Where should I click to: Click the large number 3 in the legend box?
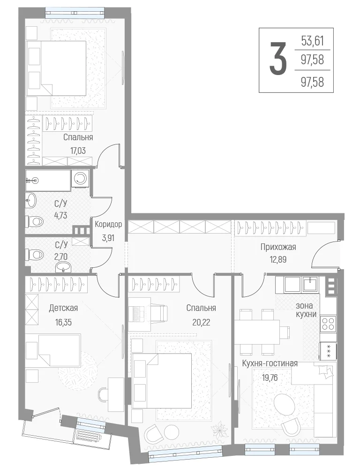coord(278,58)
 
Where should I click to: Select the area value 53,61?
coord(313,41)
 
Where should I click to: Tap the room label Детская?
coord(63,308)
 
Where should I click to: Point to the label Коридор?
coord(108,224)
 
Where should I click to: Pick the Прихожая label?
coord(278,247)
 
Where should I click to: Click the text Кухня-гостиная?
coord(270,363)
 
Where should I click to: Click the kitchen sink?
coord(311,284)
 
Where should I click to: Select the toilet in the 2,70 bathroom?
coord(35,255)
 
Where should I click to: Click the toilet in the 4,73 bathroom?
coord(35,222)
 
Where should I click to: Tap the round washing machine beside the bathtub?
coord(81,179)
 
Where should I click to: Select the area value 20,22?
coord(201,322)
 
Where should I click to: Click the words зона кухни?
coord(304,310)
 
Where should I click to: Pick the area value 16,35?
coord(63,322)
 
